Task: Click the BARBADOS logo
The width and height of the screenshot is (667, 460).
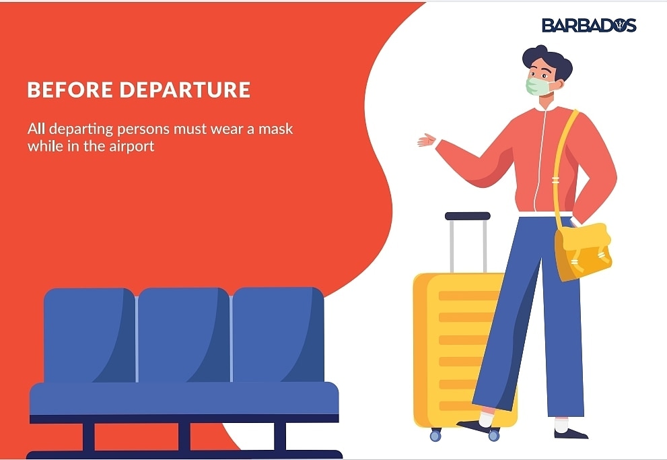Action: click(x=588, y=25)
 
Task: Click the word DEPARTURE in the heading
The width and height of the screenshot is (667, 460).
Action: click(x=186, y=90)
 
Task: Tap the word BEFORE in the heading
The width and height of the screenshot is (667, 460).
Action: click(x=69, y=90)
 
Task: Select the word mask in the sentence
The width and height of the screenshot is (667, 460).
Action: click(x=277, y=128)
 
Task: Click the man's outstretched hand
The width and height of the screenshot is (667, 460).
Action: click(x=426, y=140)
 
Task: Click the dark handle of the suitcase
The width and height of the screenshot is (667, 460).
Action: click(x=467, y=216)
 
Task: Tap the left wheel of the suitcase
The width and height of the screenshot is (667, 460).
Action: click(x=435, y=436)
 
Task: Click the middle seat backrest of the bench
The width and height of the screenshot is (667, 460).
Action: click(x=183, y=334)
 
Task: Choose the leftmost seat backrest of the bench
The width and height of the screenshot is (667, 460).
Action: click(x=89, y=334)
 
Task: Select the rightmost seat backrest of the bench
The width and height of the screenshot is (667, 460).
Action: click(x=277, y=334)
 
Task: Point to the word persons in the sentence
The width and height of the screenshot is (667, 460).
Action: click(x=157, y=129)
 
